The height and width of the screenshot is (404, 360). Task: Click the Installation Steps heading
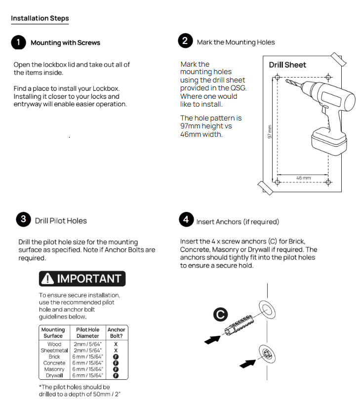[x=40, y=18]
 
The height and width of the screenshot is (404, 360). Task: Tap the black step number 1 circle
[x=18, y=42]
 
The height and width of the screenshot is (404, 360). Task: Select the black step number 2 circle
[x=185, y=41]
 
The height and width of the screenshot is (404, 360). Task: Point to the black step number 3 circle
[x=23, y=220]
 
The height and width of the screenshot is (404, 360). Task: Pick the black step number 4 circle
[x=186, y=220]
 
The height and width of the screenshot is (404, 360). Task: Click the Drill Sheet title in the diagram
[x=287, y=65]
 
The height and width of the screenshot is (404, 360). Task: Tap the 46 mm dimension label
[x=303, y=178]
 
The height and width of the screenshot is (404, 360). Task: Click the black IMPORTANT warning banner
[x=82, y=279]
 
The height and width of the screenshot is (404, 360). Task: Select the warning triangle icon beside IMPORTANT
[x=48, y=279]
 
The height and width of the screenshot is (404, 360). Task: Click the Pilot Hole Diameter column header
[x=87, y=332]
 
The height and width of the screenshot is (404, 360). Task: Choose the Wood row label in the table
[x=54, y=344]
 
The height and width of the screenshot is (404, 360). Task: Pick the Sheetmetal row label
[x=54, y=350]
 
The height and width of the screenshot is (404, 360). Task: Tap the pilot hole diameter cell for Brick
[x=87, y=357]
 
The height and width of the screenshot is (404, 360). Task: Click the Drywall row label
[x=54, y=375]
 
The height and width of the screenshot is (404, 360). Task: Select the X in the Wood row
[x=116, y=344]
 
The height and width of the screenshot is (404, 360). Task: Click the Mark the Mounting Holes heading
[x=236, y=42]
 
